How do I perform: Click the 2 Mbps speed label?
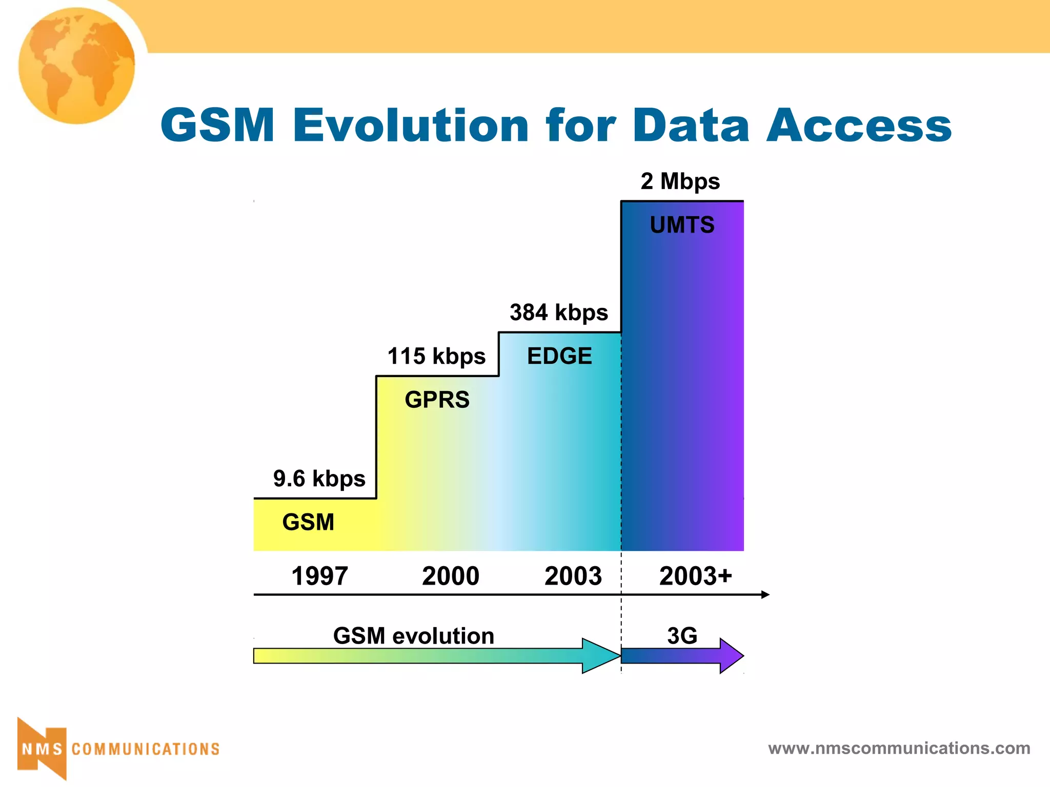[x=680, y=181]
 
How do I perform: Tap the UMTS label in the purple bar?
[x=682, y=225]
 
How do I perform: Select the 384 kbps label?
[x=558, y=313]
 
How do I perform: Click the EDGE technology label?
[x=559, y=356]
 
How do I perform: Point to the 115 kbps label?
[x=436, y=356]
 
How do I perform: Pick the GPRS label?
[x=437, y=400]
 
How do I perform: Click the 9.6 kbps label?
[x=319, y=479]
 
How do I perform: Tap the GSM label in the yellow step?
[x=308, y=522]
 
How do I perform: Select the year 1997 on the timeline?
[x=319, y=576]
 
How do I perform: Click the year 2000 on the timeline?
[x=450, y=576]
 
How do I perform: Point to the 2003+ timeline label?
[x=695, y=576]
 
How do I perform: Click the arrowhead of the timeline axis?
[x=765, y=594]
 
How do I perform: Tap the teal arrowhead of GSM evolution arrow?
[x=601, y=655]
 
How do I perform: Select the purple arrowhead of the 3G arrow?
[x=731, y=655]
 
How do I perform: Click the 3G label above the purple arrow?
[x=682, y=636]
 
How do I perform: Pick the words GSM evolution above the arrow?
[x=413, y=636]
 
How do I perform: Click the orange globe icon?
[x=77, y=66]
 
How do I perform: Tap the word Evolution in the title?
[x=410, y=126]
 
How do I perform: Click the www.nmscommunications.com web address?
[x=899, y=748]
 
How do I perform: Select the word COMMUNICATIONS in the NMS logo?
[x=146, y=749]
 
